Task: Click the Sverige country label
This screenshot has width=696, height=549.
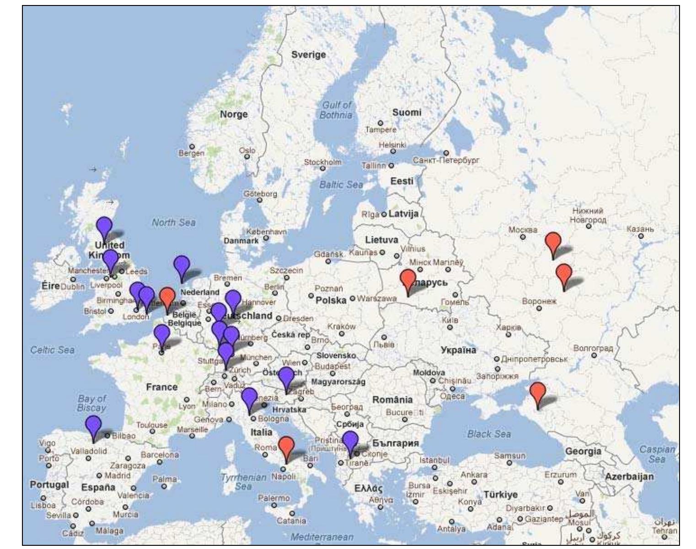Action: pos(309,55)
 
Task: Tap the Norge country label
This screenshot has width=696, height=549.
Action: pos(234,114)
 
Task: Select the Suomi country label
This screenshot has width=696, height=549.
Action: pos(407,112)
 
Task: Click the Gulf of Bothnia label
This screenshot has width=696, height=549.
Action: pos(336,110)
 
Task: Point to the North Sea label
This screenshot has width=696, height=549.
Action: pos(173,223)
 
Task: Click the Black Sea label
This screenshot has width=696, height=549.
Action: pos(489,434)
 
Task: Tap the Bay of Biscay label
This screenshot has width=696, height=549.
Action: pos(91,403)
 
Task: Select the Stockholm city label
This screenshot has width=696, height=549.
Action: pos(322,162)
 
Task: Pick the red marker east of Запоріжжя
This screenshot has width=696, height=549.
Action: pos(538,393)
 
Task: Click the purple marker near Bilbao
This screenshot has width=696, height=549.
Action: pos(94,426)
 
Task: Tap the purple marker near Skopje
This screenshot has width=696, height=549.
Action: pos(350,442)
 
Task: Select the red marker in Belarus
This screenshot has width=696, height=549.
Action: pos(408,280)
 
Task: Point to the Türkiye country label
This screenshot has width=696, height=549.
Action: pos(501,495)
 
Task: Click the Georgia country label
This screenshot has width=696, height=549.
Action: pos(583,451)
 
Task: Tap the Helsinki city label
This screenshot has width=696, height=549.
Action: pos(392,145)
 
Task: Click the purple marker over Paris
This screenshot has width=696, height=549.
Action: pos(162,335)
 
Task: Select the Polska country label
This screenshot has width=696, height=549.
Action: pos(331,300)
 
